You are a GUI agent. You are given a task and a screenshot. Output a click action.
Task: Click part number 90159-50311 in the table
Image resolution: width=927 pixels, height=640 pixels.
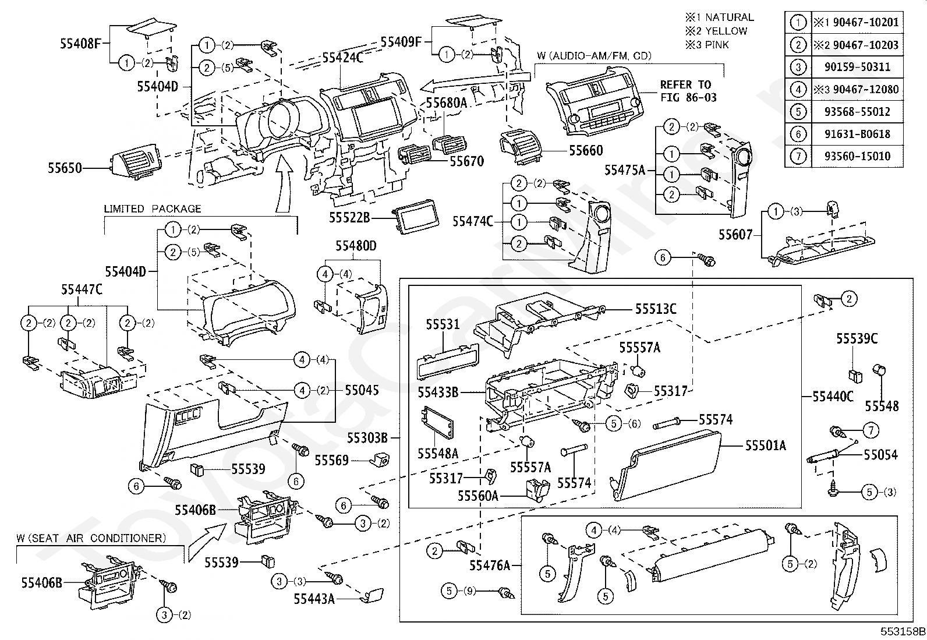coord(857,66)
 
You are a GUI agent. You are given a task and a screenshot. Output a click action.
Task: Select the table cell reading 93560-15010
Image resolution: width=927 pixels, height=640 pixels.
coord(857,156)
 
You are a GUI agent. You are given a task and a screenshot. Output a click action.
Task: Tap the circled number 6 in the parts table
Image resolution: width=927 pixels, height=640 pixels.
coord(798,134)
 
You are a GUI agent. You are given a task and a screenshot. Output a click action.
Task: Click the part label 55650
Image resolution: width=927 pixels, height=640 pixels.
coord(65,168)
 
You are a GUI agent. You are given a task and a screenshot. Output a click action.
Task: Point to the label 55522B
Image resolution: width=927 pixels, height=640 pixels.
coord(349,217)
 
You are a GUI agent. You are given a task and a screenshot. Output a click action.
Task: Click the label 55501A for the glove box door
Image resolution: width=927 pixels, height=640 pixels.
coord(765,445)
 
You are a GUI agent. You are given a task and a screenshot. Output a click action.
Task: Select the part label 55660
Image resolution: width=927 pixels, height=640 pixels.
coord(586,150)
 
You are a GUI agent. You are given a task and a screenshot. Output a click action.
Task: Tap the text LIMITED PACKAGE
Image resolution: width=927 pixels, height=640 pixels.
coord(153,208)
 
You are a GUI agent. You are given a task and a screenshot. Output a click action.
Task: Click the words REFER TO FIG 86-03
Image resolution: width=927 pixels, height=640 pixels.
coord(688,91)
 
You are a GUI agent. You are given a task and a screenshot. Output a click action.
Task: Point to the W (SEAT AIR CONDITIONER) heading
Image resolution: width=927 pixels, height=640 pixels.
coord(91,538)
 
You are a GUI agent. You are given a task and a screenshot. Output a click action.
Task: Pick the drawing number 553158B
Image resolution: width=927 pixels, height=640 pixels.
coord(903,631)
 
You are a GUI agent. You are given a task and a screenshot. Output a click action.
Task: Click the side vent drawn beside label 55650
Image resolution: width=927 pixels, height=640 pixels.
coord(136,162)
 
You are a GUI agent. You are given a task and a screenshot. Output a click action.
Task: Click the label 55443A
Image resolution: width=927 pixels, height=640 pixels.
coord(314,599)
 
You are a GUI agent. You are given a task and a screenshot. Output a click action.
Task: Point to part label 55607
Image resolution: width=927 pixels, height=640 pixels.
coord(735,235)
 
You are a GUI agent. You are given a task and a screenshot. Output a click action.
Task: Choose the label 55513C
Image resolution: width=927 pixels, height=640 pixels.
coord(656,309)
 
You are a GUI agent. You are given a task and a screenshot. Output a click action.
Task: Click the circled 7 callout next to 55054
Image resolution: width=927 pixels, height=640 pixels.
coord(871,430)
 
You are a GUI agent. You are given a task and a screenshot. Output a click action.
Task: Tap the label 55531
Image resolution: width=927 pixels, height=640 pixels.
coord(443,324)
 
